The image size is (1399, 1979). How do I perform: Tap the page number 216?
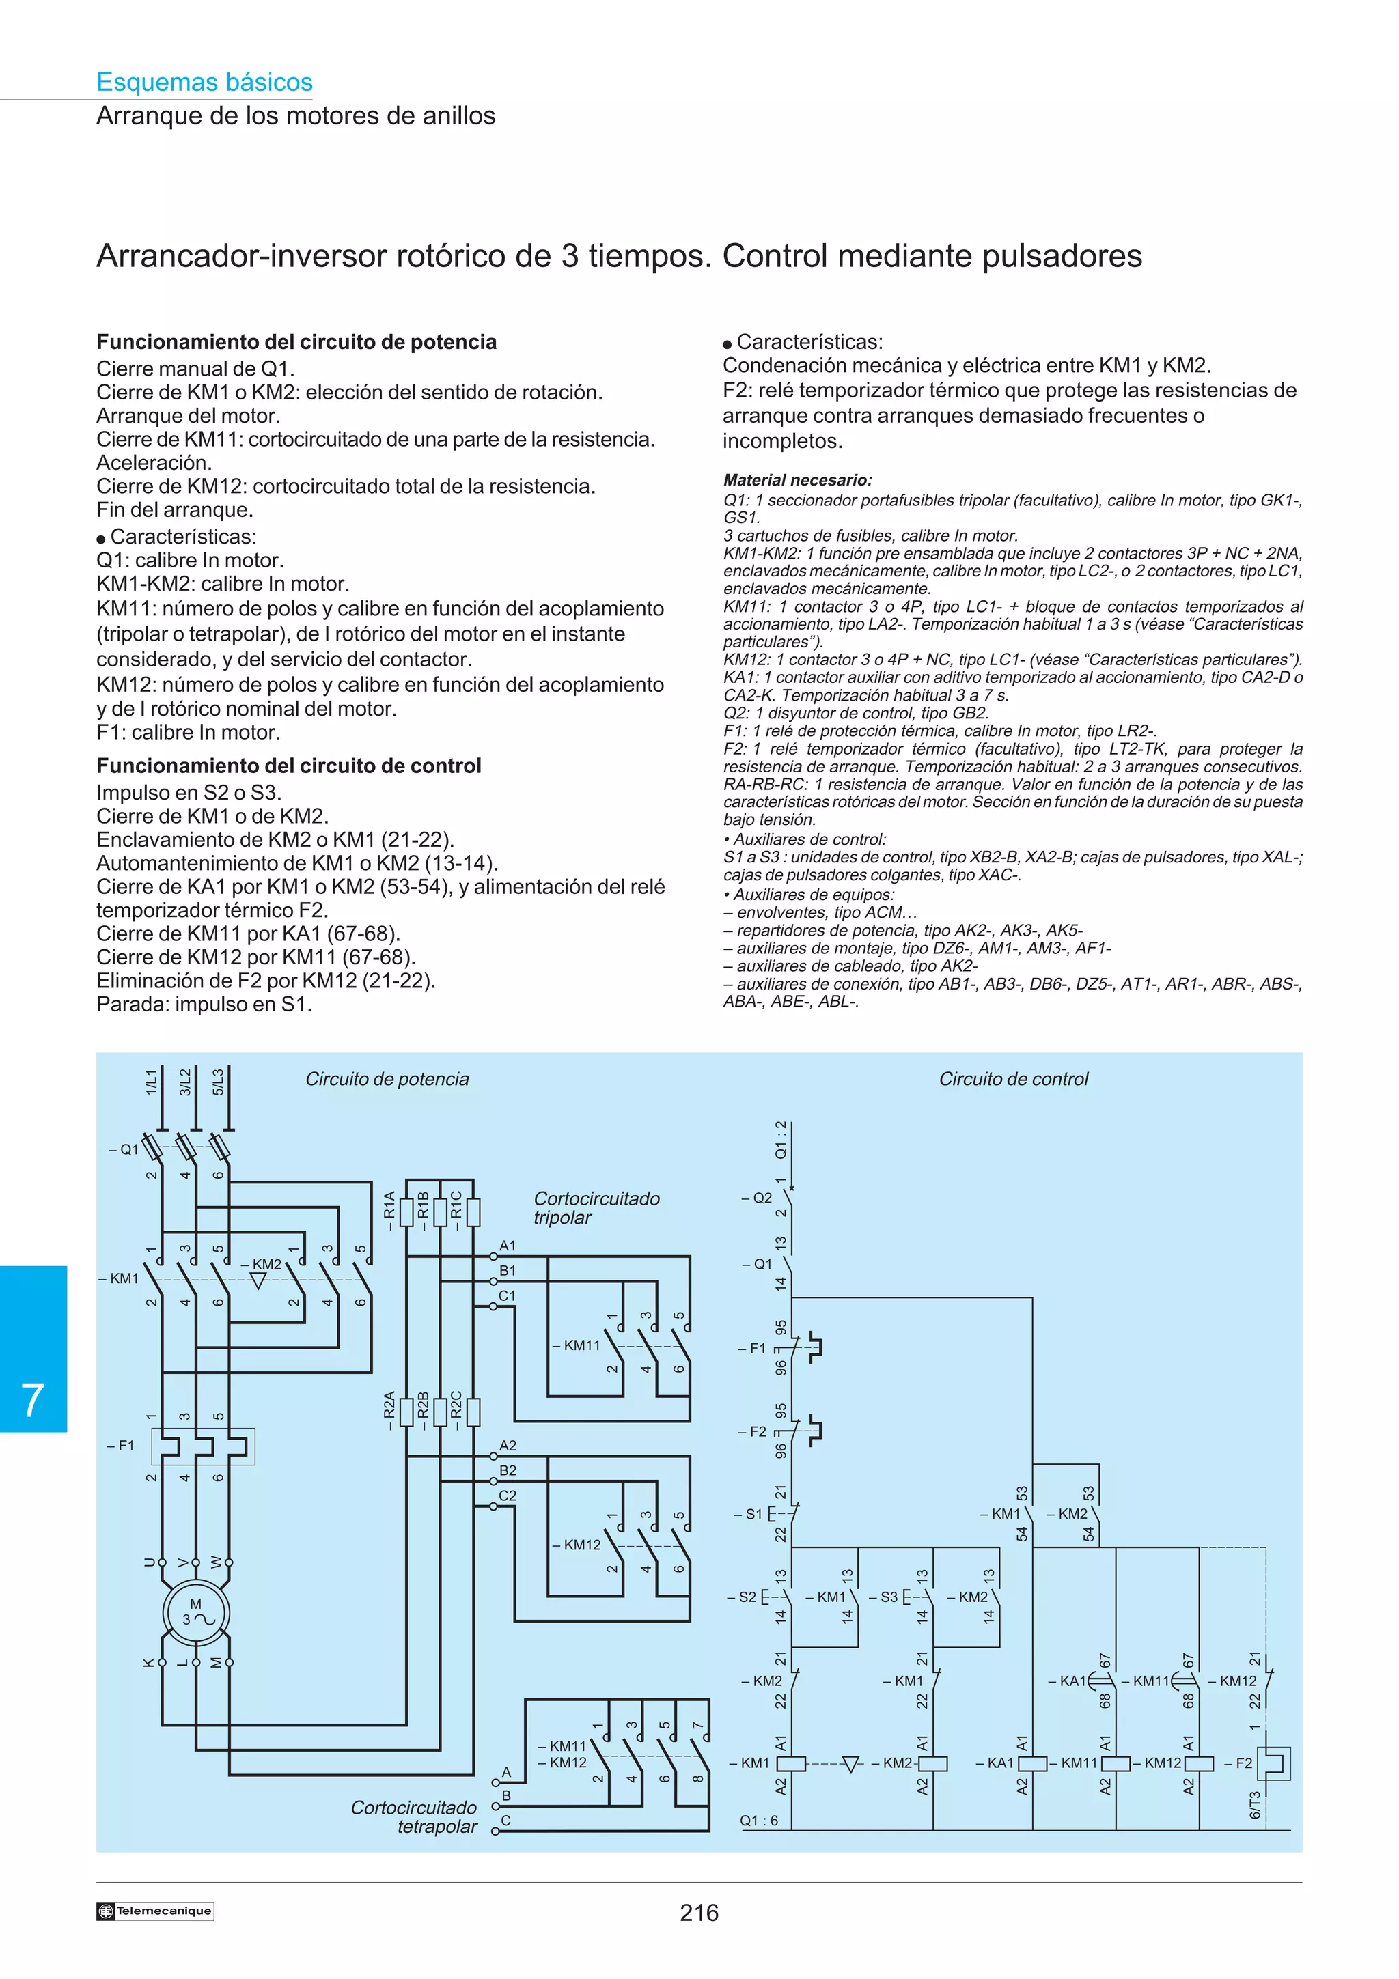698,1913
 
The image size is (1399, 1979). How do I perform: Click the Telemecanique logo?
155,1911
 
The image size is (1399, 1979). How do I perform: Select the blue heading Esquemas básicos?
204,82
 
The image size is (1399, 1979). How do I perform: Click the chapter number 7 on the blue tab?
33,1400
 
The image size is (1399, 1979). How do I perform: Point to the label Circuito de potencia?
387,1078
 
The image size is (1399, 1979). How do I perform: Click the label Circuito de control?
1013,1078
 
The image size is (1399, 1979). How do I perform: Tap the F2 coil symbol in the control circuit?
1273,1763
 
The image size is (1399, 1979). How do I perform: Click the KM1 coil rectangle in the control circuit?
790,1763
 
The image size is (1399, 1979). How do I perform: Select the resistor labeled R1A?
406,1211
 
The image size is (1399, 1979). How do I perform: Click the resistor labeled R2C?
472,1411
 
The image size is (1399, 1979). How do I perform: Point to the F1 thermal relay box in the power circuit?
203,1446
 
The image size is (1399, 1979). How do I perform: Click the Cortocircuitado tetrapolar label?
415,1817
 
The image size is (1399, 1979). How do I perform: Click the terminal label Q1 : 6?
758,1821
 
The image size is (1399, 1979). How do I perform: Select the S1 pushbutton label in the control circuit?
748,1513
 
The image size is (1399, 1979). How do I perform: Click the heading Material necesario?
797,480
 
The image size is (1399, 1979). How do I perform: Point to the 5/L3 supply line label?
218,1082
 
